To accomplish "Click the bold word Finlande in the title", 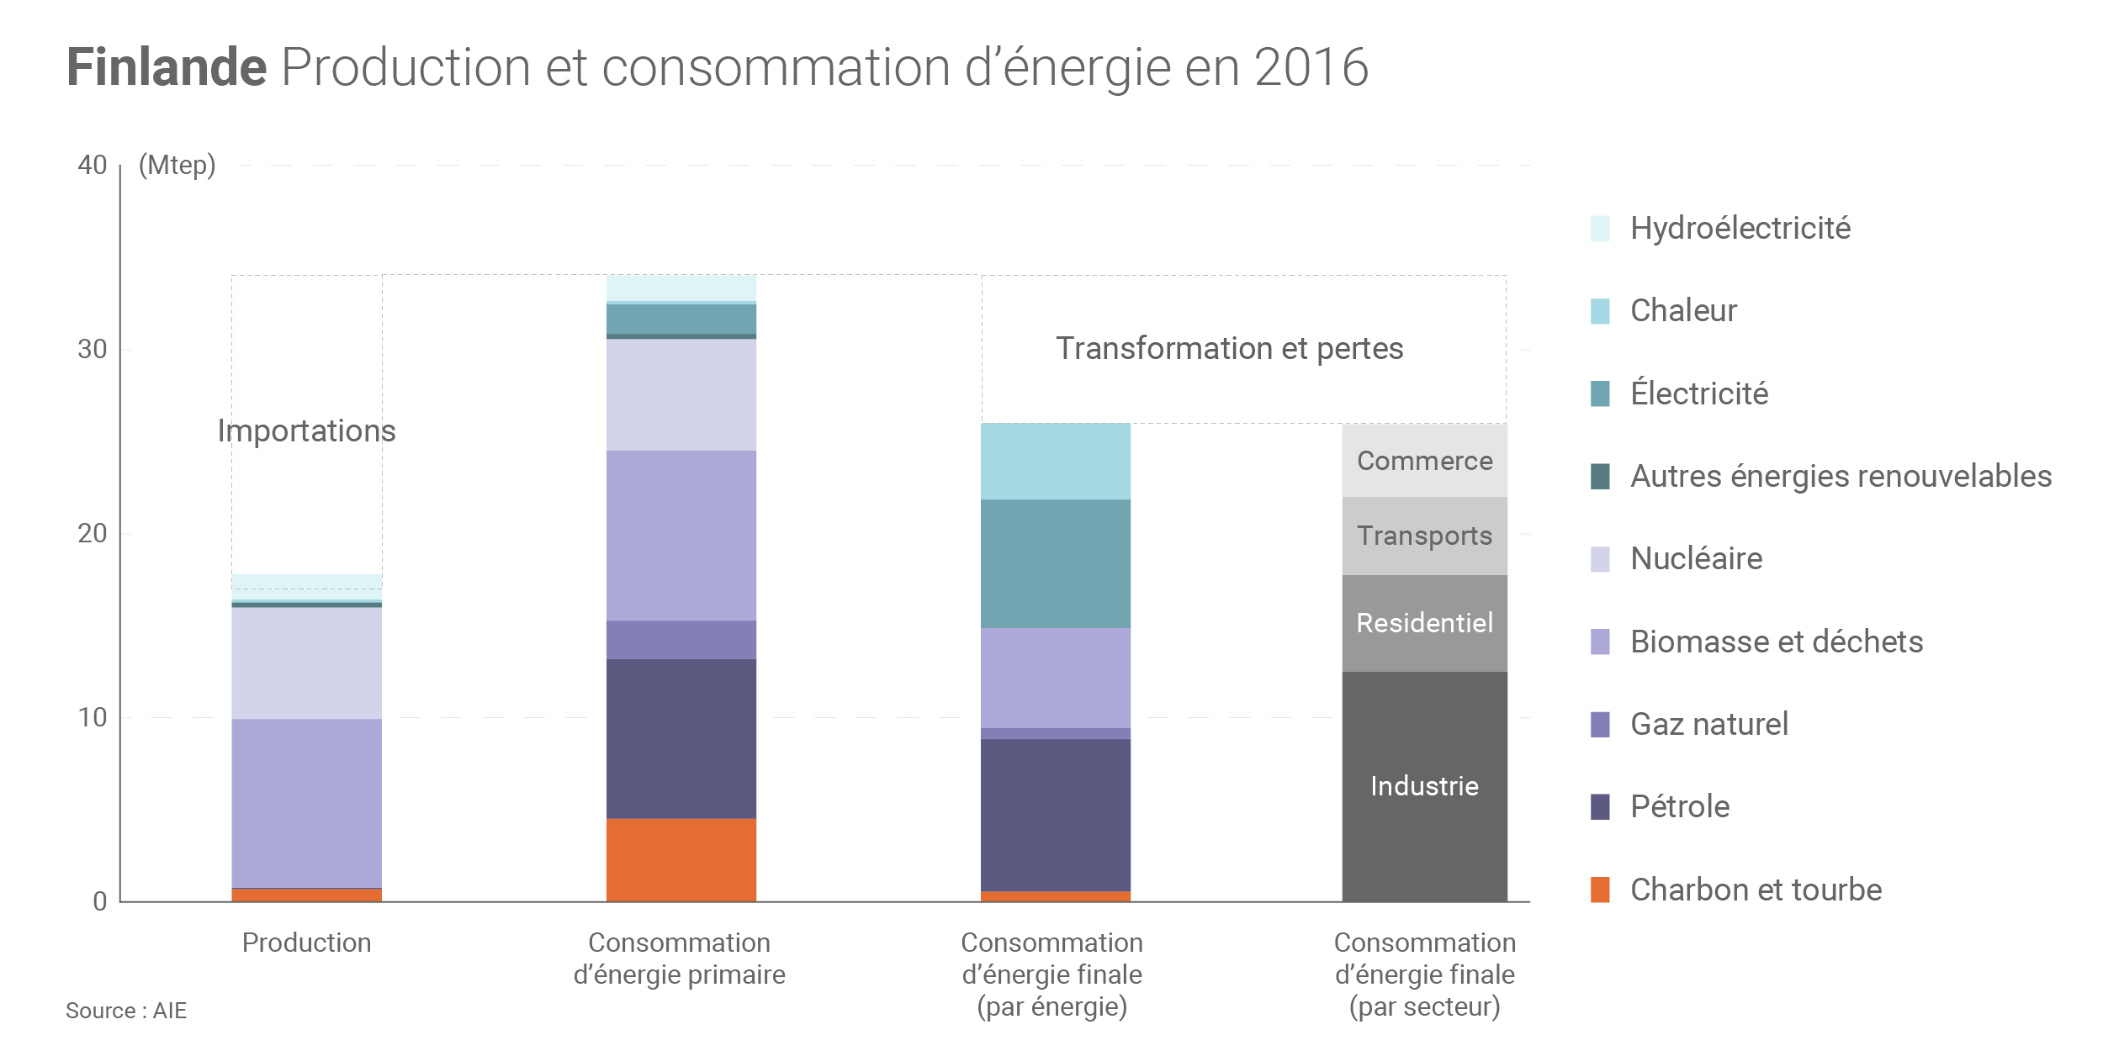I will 167,67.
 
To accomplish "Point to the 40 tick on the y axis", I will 93,165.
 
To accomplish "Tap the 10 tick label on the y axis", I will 93,717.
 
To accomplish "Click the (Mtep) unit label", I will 177,165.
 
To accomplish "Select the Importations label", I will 306,430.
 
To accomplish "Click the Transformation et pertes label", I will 1229,348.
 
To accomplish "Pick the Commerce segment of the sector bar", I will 1424,461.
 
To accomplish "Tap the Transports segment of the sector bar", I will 1424,536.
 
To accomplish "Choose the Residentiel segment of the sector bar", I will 1424,623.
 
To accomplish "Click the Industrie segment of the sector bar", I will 1424,786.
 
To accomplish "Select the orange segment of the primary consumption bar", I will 681,859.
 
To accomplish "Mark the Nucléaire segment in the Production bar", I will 306,663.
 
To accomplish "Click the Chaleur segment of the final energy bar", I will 1055,462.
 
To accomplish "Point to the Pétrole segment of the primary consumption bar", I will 681,738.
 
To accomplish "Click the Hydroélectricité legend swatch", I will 1600,229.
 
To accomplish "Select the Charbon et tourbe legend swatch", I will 1600,890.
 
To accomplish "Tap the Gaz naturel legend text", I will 1708,724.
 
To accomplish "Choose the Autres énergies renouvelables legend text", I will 1841,476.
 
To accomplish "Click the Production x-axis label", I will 306,943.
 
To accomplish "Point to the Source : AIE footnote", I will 126,1011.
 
